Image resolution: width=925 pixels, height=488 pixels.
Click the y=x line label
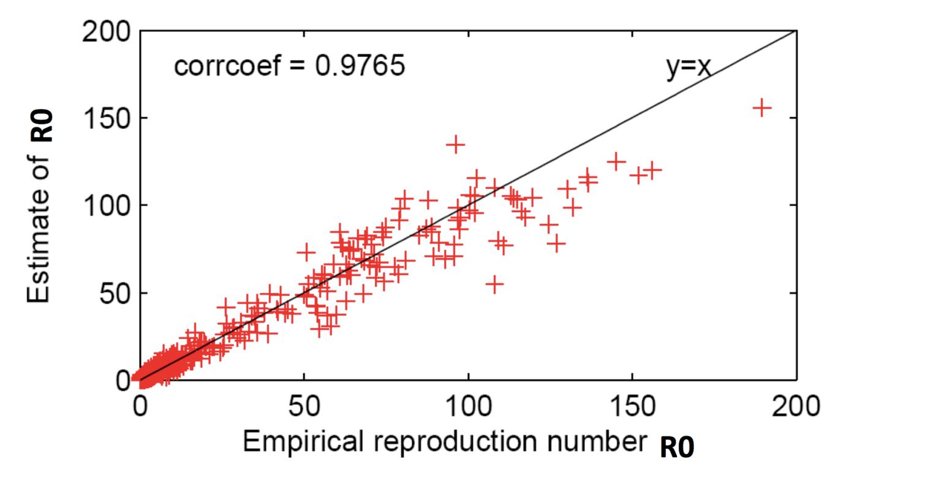[689, 66]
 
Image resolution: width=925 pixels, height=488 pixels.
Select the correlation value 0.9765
[360, 66]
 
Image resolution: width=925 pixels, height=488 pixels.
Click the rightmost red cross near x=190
[762, 108]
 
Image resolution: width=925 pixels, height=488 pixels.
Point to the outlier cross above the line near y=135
[455, 145]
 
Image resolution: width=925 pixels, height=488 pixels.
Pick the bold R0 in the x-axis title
[677, 449]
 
